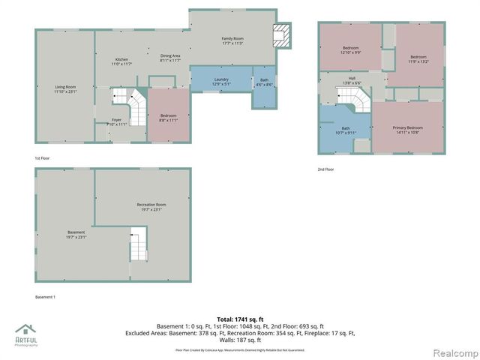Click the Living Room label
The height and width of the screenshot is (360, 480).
point(65,88)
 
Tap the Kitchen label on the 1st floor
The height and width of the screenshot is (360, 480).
point(122,61)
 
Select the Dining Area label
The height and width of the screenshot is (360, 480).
point(170,58)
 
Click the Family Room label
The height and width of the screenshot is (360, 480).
point(232,40)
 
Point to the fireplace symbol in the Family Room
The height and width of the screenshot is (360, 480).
point(280,35)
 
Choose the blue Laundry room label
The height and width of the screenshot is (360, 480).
point(221,81)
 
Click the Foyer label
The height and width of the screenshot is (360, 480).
point(117,121)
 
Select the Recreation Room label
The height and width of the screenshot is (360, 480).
point(151,207)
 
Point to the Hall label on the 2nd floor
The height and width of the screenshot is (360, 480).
point(351,79)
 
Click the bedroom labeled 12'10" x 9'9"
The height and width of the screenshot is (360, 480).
point(351,49)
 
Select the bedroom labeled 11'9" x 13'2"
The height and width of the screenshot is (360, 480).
point(418,59)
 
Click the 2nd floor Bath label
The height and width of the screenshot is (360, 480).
point(346,130)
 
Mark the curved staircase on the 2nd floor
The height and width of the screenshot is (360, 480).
point(354,98)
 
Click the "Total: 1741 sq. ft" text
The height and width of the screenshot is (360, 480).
point(240,319)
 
